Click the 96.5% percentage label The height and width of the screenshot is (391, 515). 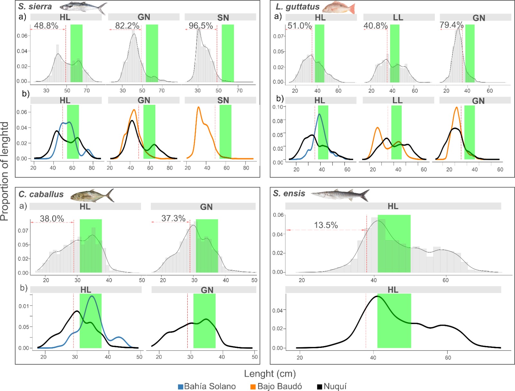(201, 25)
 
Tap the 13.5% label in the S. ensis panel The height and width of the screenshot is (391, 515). (326, 225)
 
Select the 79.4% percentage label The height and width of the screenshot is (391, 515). (451, 25)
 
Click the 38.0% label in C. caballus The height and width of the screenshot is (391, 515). (52, 219)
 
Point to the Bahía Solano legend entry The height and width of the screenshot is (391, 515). (207, 386)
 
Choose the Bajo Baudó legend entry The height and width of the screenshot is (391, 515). (276, 386)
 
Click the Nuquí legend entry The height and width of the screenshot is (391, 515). (332, 386)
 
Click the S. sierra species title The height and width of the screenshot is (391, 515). (35, 6)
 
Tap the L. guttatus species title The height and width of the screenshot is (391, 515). (297, 7)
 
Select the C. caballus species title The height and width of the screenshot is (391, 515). (41, 194)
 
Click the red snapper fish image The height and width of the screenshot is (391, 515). (338, 8)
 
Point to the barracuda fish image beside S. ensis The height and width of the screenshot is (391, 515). (340, 195)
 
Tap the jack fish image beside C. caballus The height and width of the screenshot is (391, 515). (92, 195)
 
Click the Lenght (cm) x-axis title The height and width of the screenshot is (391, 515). (270, 374)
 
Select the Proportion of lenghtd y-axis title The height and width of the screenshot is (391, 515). (5, 171)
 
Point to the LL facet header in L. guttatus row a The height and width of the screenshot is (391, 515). (399, 17)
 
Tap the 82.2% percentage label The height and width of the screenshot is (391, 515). (127, 25)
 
